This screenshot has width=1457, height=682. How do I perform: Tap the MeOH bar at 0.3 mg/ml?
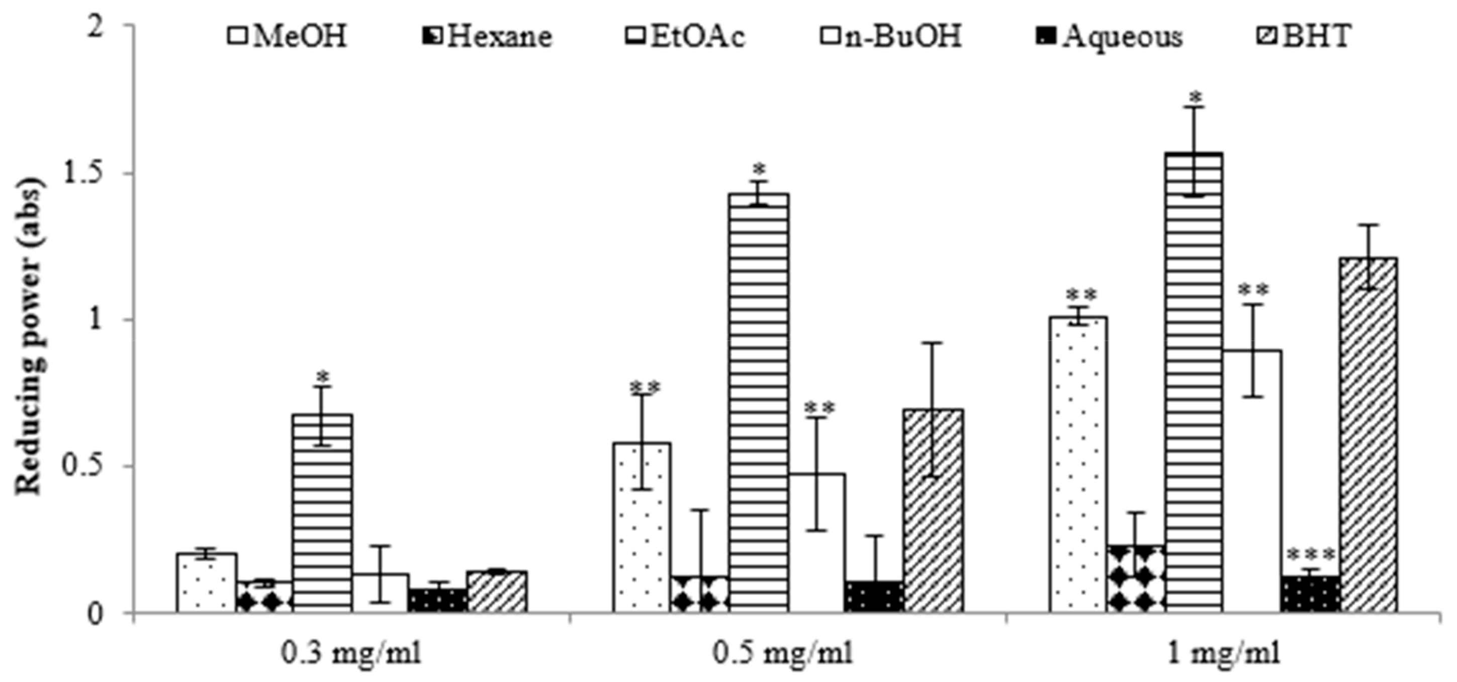coord(207,582)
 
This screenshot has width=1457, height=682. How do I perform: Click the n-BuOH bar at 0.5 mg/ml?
coord(817,543)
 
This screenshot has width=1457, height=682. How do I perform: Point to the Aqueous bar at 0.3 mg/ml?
coord(438,600)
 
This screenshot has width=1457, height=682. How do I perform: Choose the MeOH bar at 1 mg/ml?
coord(1077,465)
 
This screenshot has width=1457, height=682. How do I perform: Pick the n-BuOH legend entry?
coord(891,37)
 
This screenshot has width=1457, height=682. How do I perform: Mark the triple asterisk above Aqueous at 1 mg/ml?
coord(1311,554)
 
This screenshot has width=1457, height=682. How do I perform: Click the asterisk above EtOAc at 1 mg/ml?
coord(1195,95)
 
